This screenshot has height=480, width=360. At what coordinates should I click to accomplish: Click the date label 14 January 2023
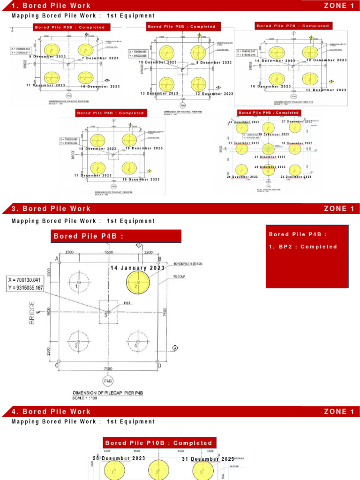[x=138, y=268]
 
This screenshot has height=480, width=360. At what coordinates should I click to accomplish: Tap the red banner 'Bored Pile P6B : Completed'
[x=182, y=27]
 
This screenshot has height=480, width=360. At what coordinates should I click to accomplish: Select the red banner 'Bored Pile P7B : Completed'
[x=292, y=26]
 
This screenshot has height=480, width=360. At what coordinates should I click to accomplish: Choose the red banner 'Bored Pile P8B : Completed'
[x=111, y=113]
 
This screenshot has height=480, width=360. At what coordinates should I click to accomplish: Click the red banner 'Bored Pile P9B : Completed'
[x=268, y=112]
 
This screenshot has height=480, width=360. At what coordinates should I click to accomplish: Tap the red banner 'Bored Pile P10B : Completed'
[x=158, y=443]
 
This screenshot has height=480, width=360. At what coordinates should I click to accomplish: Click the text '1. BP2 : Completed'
[x=303, y=247]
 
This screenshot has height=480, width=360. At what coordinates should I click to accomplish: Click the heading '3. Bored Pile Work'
[x=51, y=209]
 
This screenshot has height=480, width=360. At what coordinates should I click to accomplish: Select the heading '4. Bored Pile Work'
[x=51, y=412]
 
